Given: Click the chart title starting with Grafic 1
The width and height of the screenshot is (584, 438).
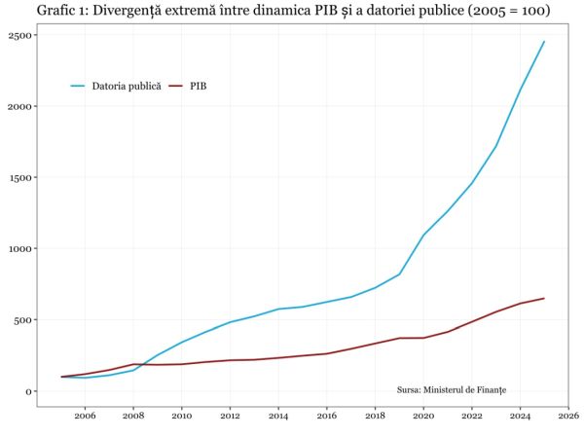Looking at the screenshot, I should click(293, 12).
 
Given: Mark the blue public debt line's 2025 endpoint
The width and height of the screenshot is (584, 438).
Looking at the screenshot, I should click(544, 42).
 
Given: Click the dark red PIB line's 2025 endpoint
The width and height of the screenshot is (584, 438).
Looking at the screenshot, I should click(544, 298).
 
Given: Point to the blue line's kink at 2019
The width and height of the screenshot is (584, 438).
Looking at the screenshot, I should click(399, 274).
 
